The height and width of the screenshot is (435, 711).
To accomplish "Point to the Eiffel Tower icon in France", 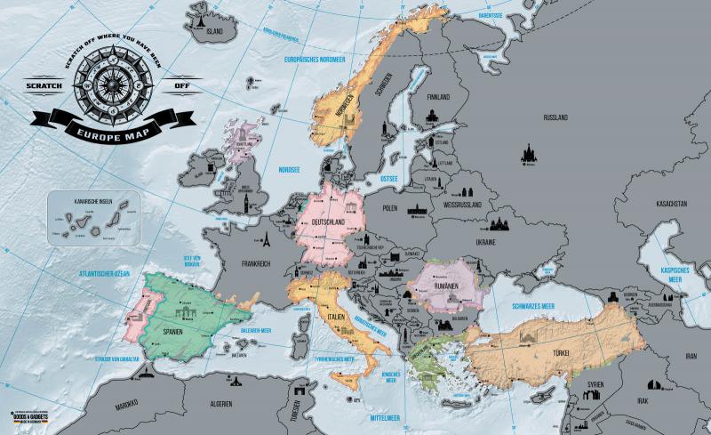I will click(x=264, y=239).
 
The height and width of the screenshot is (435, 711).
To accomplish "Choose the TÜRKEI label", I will click(x=561, y=354).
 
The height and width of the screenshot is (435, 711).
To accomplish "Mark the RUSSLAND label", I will click(x=555, y=117).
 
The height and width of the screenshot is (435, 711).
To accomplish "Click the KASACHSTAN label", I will click(x=671, y=204).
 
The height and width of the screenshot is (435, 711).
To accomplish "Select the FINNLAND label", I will click(x=438, y=96).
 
